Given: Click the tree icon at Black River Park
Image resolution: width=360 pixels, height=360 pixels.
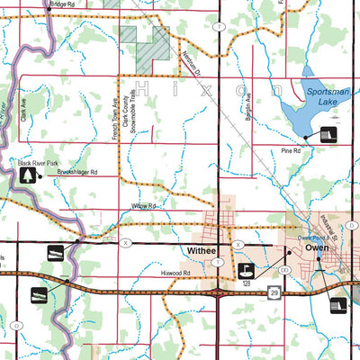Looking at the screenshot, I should pos(28,175).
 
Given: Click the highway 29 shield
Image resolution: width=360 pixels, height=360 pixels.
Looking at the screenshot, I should pos(274,292).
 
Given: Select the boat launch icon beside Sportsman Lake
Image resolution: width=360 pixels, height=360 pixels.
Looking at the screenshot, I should pos(326,135).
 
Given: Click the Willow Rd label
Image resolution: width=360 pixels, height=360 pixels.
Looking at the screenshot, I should pos(145,206).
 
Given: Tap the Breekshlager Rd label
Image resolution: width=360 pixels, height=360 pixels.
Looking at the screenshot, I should pos(77,171).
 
